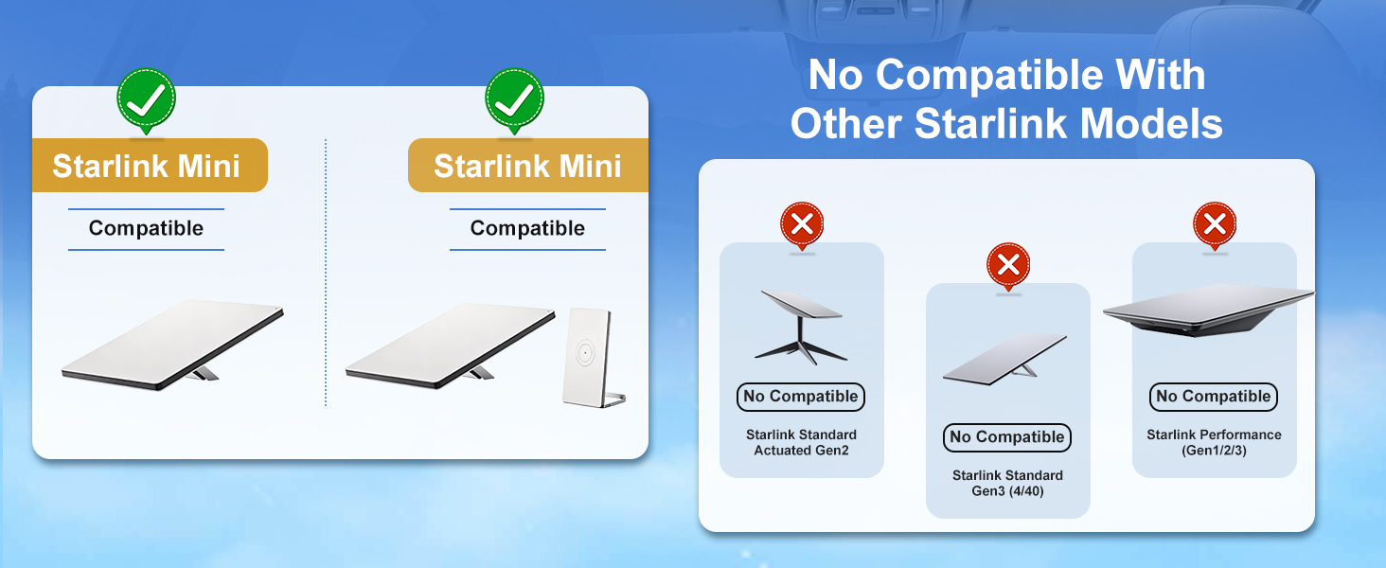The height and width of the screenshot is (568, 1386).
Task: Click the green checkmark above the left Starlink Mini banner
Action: (x=146, y=99)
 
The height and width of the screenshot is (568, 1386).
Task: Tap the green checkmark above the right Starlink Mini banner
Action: (x=514, y=99)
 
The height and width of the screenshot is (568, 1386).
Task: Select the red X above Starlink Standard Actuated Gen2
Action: (x=802, y=224)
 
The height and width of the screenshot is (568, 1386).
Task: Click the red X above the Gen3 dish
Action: (x=1008, y=265)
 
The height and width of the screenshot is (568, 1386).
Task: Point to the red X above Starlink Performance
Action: (x=1215, y=224)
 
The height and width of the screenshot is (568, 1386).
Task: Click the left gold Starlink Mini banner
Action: (x=150, y=166)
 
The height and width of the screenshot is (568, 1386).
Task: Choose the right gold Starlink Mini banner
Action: (x=527, y=166)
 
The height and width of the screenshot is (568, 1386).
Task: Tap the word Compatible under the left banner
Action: (x=146, y=228)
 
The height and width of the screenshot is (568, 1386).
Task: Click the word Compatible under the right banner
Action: (x=527, y=228)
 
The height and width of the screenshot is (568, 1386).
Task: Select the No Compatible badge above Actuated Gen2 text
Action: (x=801, y=397)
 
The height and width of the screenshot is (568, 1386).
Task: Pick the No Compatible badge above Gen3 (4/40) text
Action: (x=1007, y=437)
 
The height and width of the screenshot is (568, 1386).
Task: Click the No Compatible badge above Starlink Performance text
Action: (x=1214, y=397)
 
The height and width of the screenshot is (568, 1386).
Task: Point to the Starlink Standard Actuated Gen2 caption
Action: (x=801, y=442)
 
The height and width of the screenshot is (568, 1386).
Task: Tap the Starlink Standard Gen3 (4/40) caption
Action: (x=1007, y=483)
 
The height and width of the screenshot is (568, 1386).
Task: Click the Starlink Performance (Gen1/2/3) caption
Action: (x=1214, y=442)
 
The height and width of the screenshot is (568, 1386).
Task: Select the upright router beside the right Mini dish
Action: (x=592, y=358)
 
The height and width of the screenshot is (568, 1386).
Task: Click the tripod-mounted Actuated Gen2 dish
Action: (x=801, y=327)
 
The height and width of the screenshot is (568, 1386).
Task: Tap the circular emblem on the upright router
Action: (x=585, y=353)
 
